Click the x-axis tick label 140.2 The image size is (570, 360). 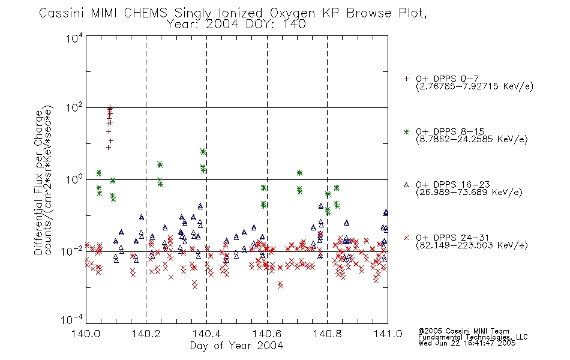coord(146,334)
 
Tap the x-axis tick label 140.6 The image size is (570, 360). coord(267,334)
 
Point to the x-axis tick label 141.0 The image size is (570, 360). coord(388,334)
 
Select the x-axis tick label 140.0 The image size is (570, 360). coord(86,334)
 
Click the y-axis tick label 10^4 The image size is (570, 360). coord(74,38)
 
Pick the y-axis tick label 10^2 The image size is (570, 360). coord(74,108)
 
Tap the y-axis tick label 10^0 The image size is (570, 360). coord(74,179)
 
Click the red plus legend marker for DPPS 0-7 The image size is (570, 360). coord(406,79)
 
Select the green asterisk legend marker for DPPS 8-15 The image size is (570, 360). coord(406,132)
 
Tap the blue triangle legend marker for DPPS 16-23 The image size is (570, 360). coord(406,185)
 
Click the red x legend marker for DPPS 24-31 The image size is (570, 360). coord(406,238)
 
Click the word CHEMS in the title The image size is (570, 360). coord(145,13)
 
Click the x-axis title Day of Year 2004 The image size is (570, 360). coord(236,346)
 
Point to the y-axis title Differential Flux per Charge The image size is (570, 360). coord(38,182)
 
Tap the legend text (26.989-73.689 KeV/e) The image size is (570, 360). coord(469,192)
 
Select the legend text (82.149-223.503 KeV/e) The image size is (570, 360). coord(472,245)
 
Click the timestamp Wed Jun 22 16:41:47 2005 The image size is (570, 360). coord(467,343)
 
